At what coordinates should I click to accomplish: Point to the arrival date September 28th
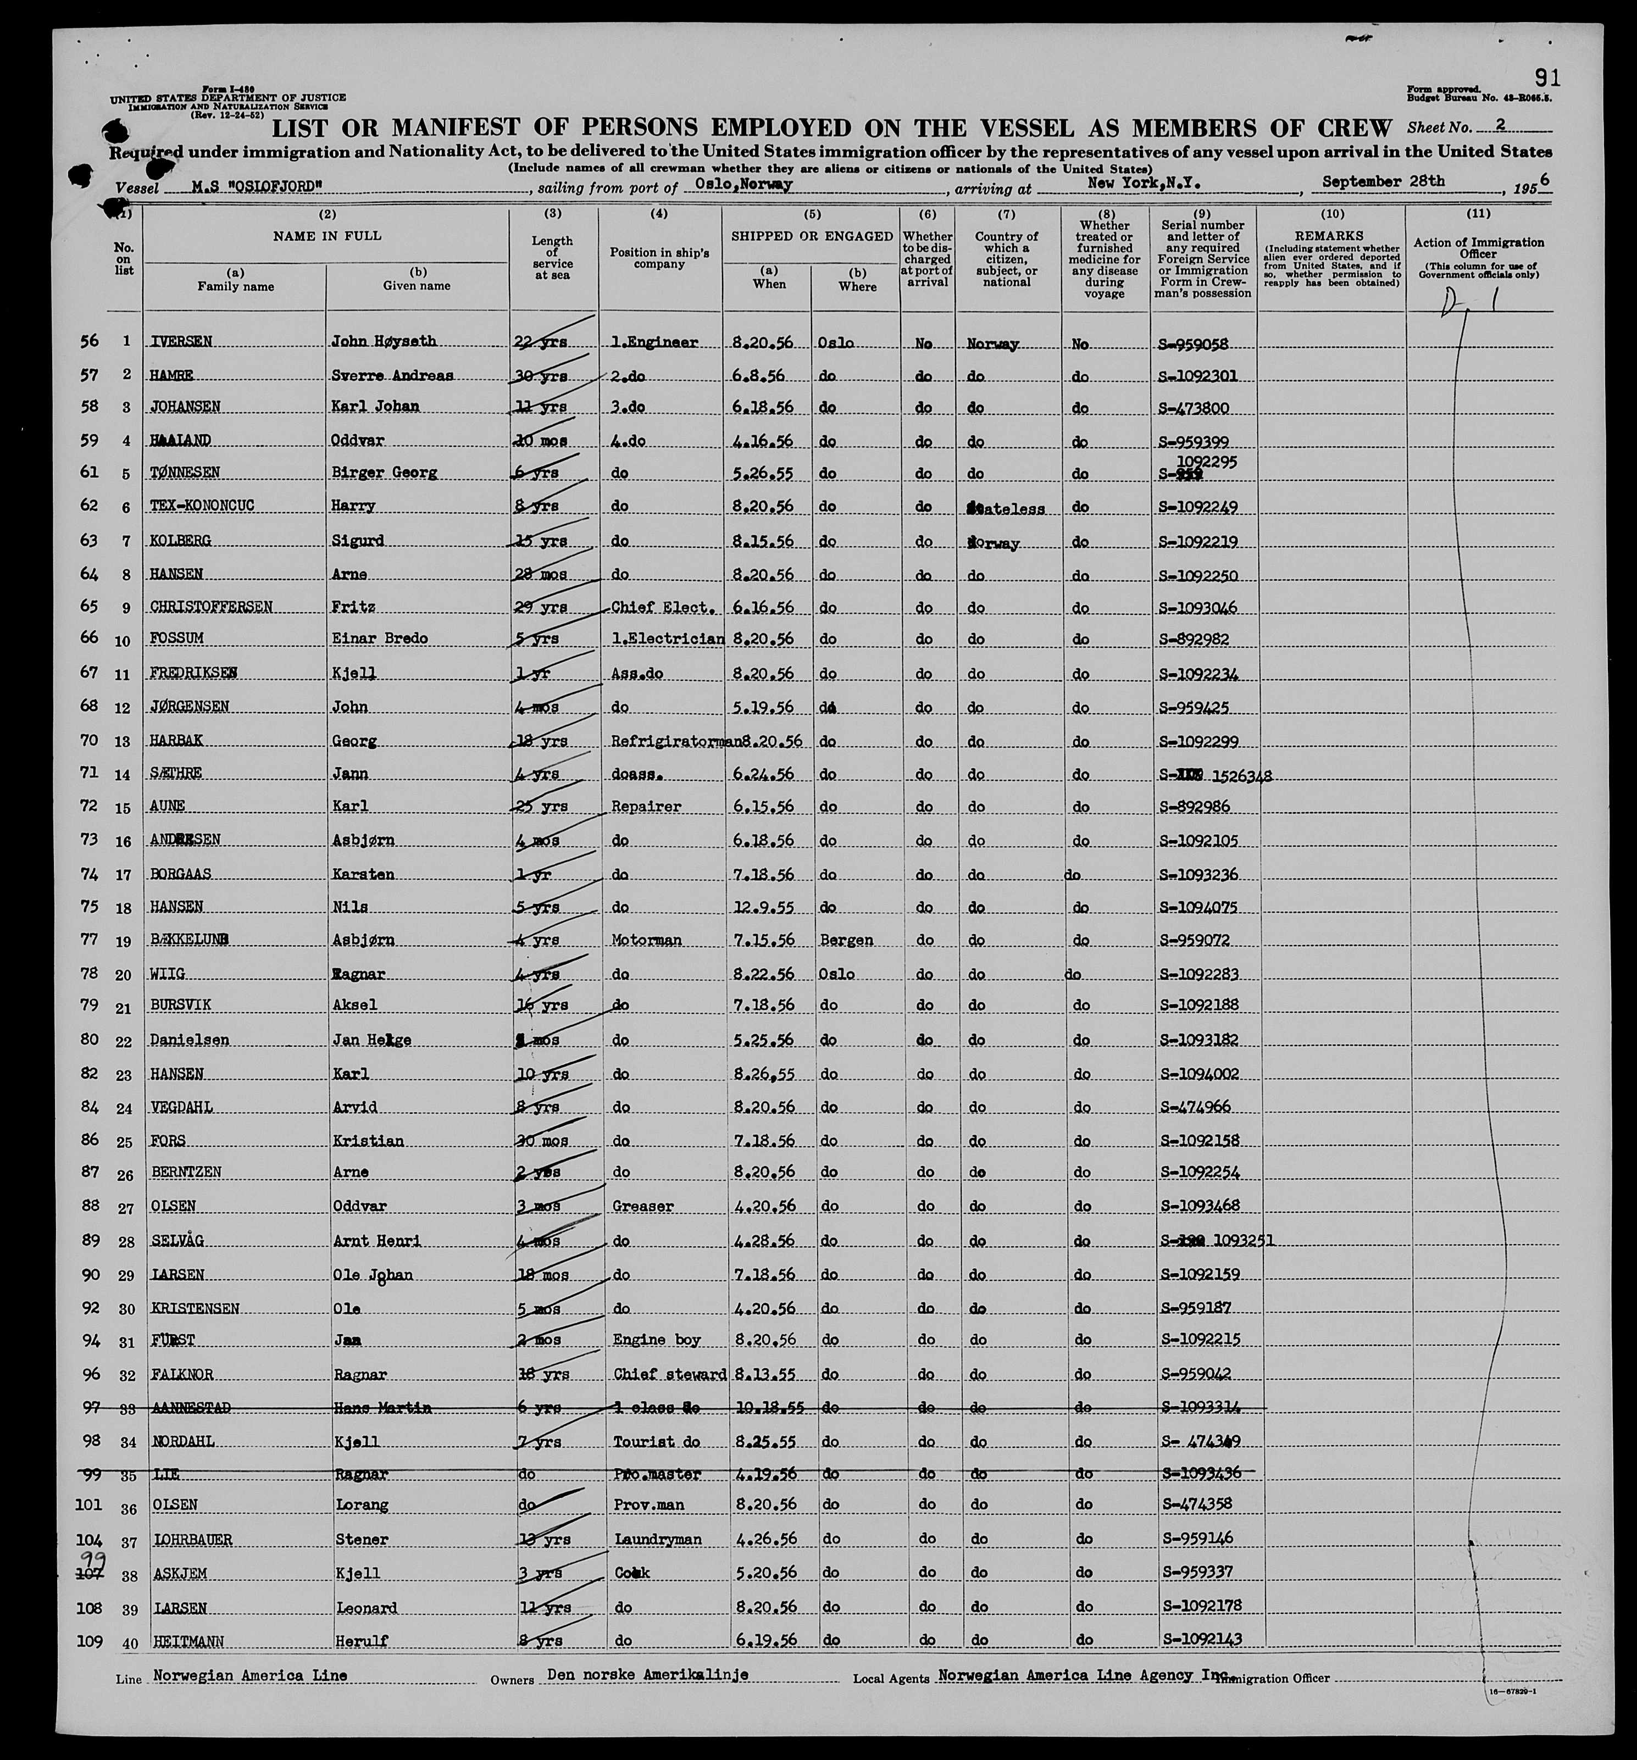point(1383,181)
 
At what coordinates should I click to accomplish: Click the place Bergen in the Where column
point(846,940)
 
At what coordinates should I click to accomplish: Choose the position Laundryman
point(657,1540)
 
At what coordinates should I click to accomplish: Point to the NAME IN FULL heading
point(327,236)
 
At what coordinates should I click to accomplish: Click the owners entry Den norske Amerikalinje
point(648,1675)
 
